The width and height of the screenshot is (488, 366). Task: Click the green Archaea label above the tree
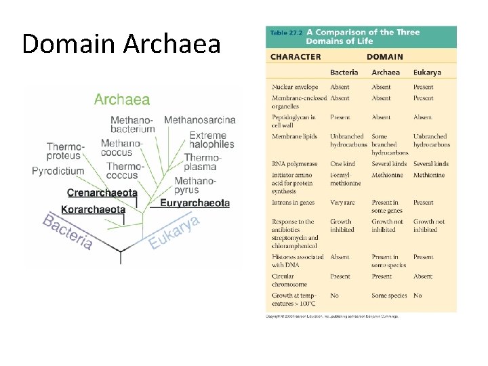pos(122,100)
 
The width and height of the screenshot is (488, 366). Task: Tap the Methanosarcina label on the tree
pos(200,120)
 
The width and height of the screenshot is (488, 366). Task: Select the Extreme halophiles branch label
pos(211,140)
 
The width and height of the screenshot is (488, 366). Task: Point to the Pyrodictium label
pos(58,171)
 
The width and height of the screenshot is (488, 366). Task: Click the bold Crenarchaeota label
pos(102,192)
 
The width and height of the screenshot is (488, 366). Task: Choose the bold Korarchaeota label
pos(93,209)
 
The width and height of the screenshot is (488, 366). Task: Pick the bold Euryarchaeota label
pos(195,203)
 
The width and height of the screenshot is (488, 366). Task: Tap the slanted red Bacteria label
pos(68,232)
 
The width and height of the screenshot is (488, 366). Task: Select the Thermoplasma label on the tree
pos(201,162)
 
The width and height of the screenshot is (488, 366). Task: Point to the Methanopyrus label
pos(195,185)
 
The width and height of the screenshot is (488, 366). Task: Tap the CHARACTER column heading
pos(296,57)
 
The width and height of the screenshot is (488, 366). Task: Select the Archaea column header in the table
pos(385,72)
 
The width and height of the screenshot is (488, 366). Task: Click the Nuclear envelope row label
pos(295,87)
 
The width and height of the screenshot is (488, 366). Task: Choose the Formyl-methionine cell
pos(346,179)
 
